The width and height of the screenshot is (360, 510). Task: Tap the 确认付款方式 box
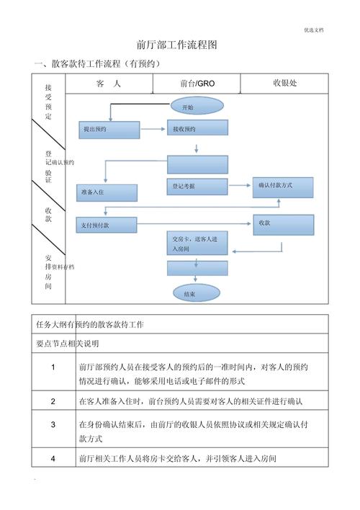click(x=283, y=186)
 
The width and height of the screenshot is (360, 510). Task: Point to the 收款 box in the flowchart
click(x=283, y=224)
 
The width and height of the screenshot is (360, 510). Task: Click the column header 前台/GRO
click(x=197, y=84)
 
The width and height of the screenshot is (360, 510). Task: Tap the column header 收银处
click(x=284, y=83)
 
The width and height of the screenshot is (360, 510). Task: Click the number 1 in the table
click(x=53, y=367)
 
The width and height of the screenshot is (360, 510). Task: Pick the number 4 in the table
click(x=53, y=459)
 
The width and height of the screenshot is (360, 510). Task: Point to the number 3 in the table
click(x=53, y=425)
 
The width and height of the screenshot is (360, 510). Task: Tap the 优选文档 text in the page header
click(x=313, y=30)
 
